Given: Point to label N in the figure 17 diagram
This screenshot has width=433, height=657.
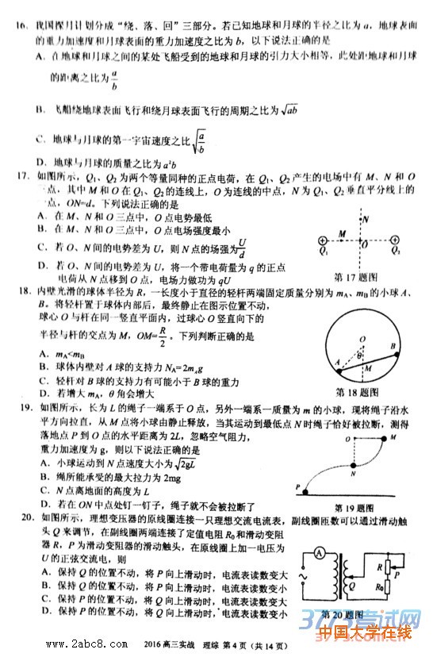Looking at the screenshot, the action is [x=366, y=217].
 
